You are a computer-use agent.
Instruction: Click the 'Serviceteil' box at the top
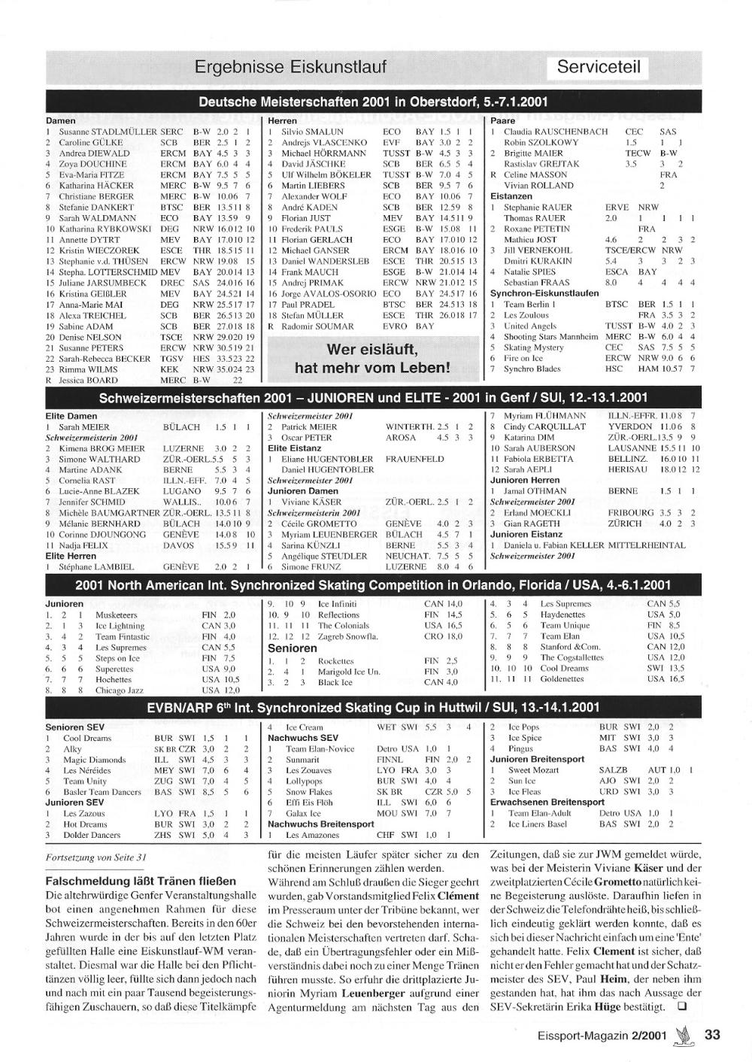[599, 67]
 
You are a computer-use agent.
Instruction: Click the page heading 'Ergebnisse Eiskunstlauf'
[290, 67]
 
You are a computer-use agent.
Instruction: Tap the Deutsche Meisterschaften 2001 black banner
[374, 102]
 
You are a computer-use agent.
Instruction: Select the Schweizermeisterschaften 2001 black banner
[374, 398]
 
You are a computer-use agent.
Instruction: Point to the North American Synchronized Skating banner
[374, 585]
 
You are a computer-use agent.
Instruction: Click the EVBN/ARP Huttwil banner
[374, 707]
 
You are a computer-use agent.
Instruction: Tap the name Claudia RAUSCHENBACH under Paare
[555, 132]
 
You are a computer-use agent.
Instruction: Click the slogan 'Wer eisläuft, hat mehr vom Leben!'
[371, 359]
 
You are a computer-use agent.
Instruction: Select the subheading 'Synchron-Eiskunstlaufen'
[544, 293]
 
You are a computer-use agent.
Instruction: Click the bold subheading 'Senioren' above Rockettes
[293, 648]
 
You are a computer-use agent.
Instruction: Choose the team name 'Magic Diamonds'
[94, 760]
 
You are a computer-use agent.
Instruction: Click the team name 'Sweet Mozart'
[533, 770]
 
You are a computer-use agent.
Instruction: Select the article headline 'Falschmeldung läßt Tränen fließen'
[141, 881]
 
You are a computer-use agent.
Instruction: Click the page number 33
[712, 1035]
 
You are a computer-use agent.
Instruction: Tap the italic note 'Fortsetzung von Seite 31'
[96, 857]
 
